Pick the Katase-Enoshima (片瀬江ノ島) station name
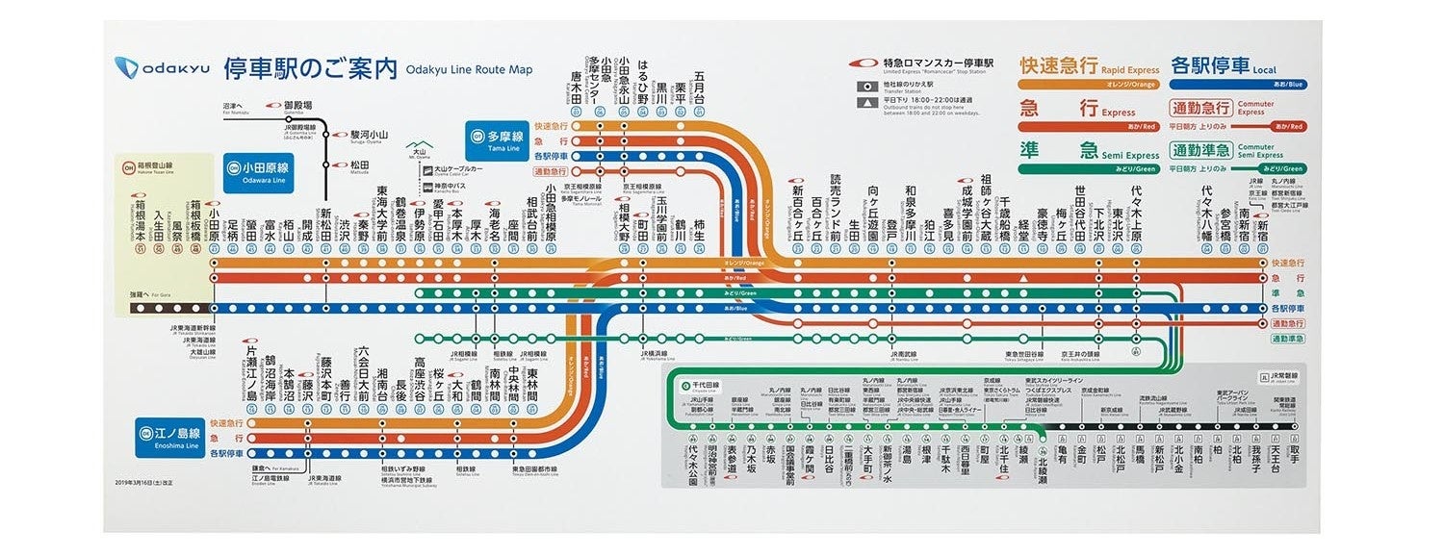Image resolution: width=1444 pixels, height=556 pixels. [x=251, y=374]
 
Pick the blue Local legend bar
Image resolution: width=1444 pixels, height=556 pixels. [x=1237, y=85]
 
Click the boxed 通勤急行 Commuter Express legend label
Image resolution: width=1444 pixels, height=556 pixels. [x=1200, y=108]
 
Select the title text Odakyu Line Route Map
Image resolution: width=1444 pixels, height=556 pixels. [x=469, y=69]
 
